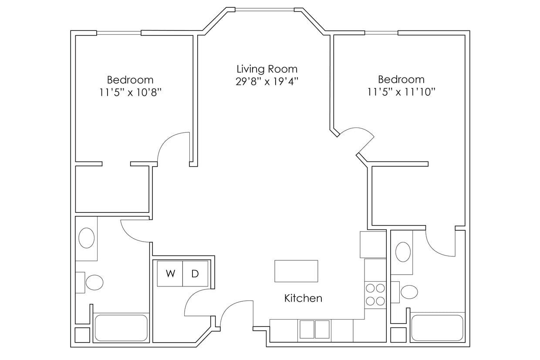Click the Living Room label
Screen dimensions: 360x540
coord(267,69)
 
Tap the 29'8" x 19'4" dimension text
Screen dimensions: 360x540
coord(267,81)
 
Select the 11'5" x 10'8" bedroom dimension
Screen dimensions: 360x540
coord(130,92)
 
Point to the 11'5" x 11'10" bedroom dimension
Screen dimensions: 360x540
coord(401,92)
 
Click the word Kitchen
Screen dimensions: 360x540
coord(303,298)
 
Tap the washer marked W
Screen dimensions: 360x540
coord(170,274)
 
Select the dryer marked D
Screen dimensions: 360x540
coord(195,274)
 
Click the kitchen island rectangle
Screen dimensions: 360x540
coord(296,271)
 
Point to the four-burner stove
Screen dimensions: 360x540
coord(375,295)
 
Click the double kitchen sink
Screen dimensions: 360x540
coord(314,329)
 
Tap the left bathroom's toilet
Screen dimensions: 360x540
coord(93,283)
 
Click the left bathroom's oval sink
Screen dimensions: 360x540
coord(87,238)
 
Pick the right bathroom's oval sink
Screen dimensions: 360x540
coord(403,252)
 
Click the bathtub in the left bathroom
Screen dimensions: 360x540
coord(121,328)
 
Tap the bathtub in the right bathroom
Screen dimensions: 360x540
coord(437,328)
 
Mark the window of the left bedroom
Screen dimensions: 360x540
coord(119,33)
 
